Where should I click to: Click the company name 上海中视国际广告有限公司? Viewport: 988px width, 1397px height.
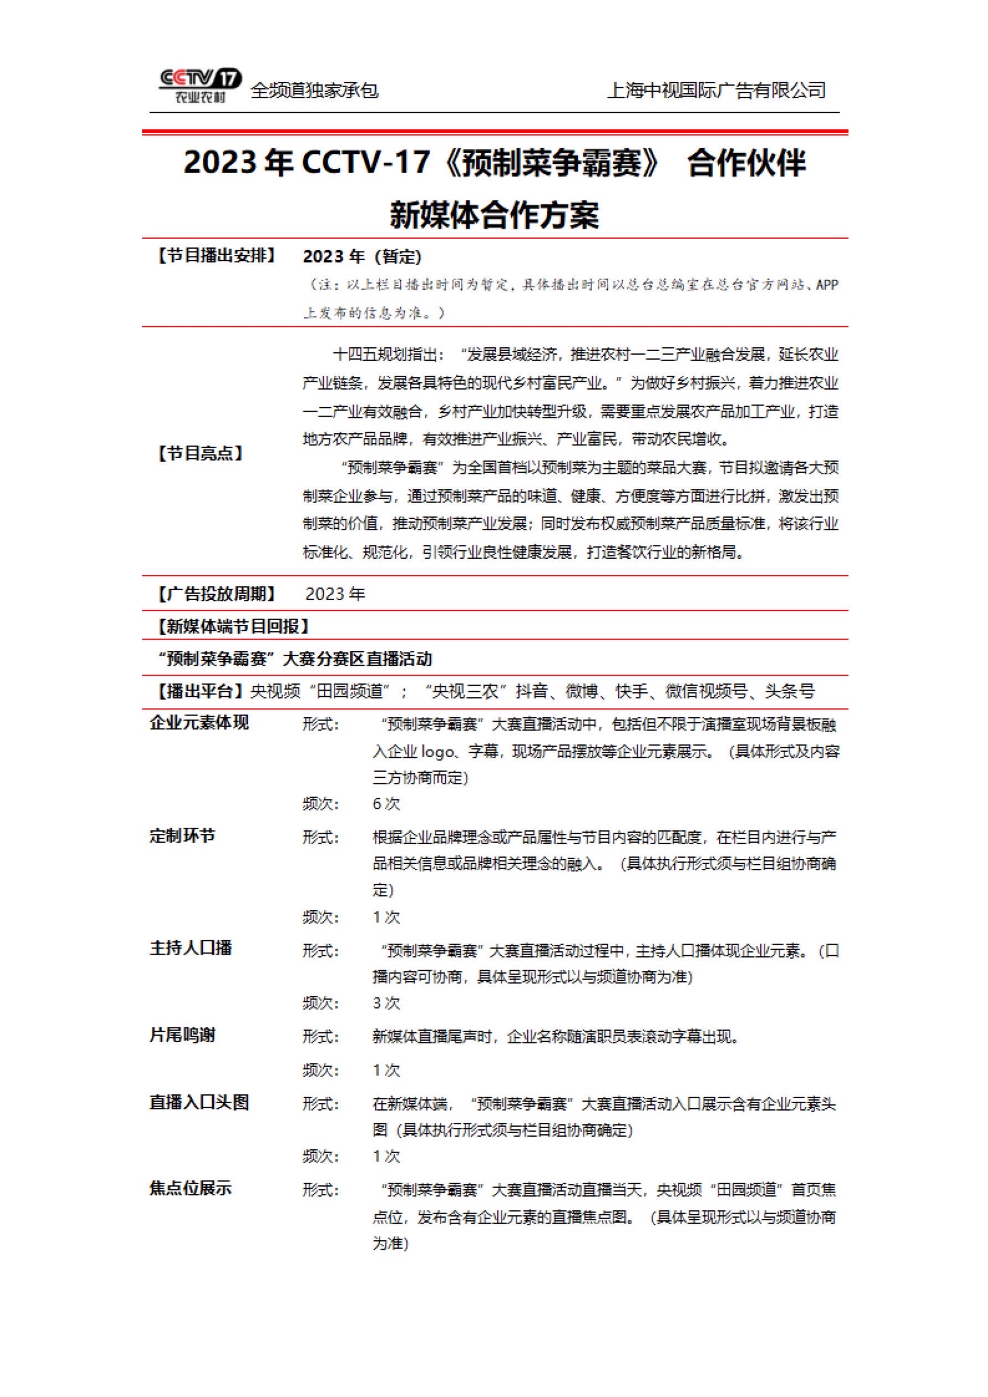tap(717, 91)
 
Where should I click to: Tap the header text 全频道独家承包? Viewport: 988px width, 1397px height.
tap(314, 91)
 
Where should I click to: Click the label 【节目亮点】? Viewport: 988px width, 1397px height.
tap(200, 453)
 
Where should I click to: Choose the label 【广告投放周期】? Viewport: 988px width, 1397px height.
tap(216, 594)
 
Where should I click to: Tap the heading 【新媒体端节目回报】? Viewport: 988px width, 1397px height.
tap(234, 626)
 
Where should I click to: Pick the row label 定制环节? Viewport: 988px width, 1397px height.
tap(182, 836)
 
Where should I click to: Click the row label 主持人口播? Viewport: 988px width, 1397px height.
tap(191, 949)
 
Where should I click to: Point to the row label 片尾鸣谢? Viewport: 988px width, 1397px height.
tap(182, 1035)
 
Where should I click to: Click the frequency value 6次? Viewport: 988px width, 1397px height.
tap(386, 804)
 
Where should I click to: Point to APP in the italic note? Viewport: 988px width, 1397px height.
tap(827, 284)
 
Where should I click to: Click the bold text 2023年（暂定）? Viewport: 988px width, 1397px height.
tap(362, 257)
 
